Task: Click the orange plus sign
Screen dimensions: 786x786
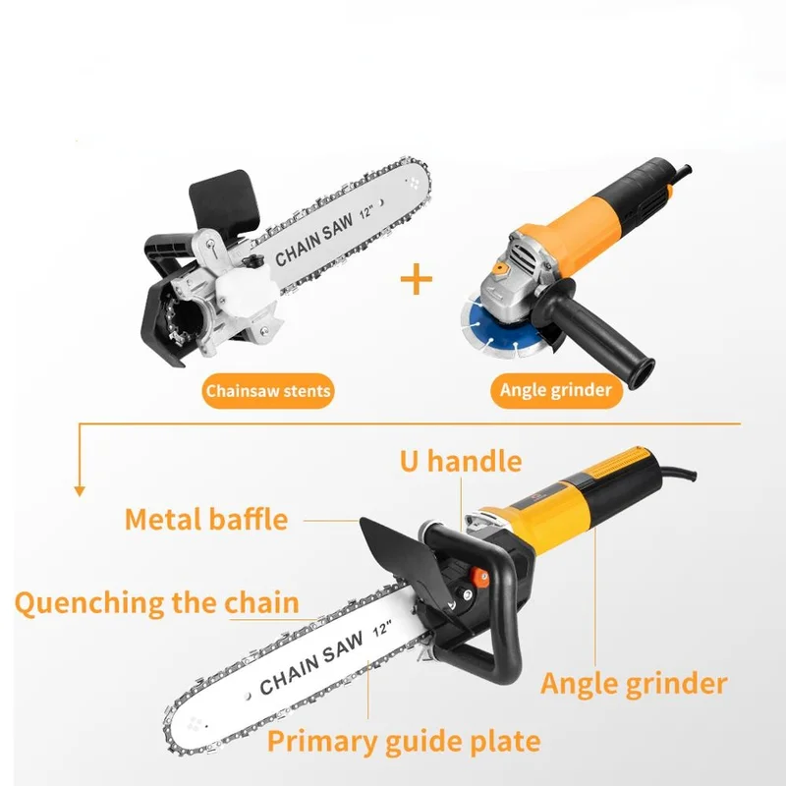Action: [x=416, y=280]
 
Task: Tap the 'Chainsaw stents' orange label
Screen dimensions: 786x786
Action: [x=267, y=391]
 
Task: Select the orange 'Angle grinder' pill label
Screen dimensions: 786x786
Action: [x=556, y=390]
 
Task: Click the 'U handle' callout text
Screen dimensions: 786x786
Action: [x=461, y=461]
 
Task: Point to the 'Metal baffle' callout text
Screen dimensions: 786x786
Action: [x=206, y=520]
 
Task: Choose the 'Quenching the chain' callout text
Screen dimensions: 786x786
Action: [x=157, y=603]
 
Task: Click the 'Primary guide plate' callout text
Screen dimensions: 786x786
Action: [x=404, y=742]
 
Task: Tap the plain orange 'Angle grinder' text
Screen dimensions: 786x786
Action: [x=634, y=684]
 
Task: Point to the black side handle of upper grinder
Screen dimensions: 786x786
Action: [x=601, y=330]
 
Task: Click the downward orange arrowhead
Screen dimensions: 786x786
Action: [x=80, y=491]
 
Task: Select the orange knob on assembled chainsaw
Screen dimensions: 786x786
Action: [x=478, y=579]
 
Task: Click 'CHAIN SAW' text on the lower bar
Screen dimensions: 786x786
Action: [x=311, y=663]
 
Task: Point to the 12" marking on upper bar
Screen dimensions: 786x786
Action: [x=366, y=212]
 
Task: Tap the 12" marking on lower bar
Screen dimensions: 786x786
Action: [x=383, y=628]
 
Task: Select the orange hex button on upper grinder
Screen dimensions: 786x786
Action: [x=499, y=268]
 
